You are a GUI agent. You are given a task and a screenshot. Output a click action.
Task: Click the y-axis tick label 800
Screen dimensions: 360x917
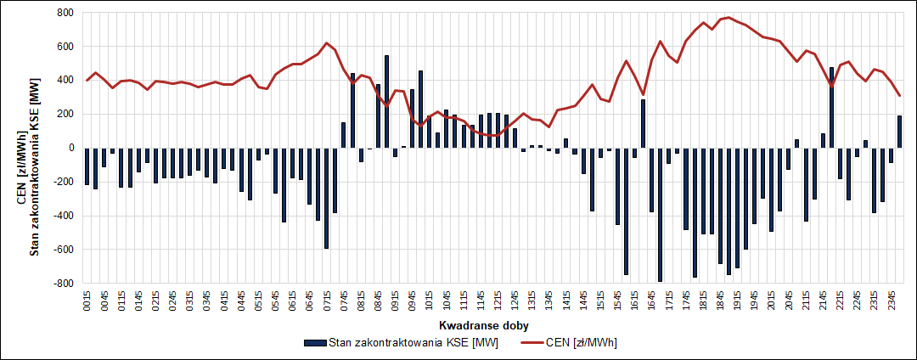pos(64,13)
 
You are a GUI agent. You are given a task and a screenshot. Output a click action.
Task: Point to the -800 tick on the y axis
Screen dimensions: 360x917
pos(62,283)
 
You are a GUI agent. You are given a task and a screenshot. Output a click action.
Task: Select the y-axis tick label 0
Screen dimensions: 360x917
pos(70,148)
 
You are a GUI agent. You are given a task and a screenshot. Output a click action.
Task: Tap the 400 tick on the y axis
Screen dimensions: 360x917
pos(64,80)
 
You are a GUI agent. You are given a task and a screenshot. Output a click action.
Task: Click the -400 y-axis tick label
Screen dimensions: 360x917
pos(62,215)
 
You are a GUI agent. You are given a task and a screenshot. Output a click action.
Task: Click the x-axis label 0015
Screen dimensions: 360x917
pos(87,303)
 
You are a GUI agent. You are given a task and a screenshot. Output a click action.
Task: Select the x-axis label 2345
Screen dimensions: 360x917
pos(892,303)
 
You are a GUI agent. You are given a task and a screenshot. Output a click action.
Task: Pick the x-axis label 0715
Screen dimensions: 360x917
pos(327,303)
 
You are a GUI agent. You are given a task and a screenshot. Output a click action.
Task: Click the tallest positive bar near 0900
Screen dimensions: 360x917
pos(387,101)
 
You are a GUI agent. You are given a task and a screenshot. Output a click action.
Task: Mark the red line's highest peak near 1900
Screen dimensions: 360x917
pos(729,17)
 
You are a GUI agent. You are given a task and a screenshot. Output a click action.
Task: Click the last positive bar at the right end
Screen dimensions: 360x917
pos(900,132)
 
